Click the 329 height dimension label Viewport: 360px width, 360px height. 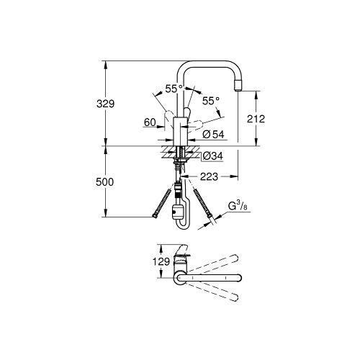(x=105, y=104)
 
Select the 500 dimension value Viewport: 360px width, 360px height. (x=104, y=182)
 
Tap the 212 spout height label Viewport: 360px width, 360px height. (x=256, y=119)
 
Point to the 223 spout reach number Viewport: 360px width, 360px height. (x=209, y=177)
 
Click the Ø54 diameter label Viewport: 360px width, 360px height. (x=213, y=135)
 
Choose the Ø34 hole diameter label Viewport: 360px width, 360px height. (x=212, y=156)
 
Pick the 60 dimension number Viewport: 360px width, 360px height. (x=150, y=122)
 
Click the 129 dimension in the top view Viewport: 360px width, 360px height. (x=161, y=261)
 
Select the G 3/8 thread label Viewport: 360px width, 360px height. (x=238, y=206)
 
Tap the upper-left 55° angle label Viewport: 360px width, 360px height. (x=174, y=89)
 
